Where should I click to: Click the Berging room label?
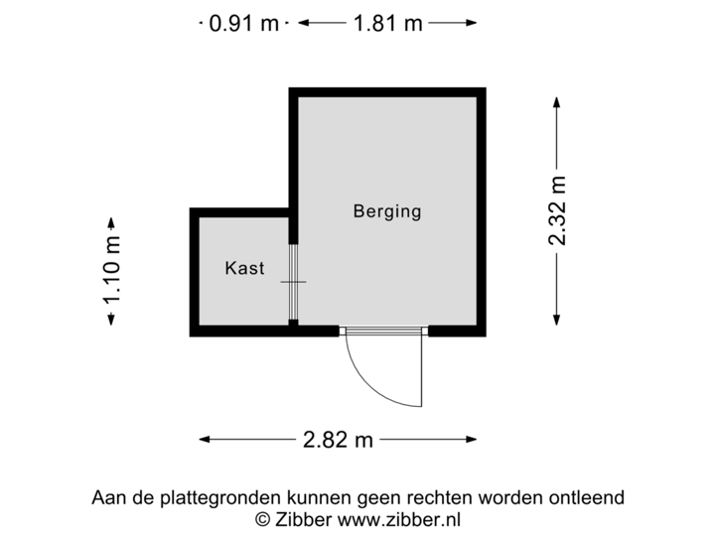(387, 210)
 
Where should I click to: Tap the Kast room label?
(244, 268)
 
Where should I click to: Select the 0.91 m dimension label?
(244, 23)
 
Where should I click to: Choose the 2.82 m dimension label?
(338, 439)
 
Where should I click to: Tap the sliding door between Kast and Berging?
(293, 282)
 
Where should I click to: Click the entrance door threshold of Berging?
(383, 332)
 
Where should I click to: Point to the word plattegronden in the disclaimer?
(207, 497)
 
